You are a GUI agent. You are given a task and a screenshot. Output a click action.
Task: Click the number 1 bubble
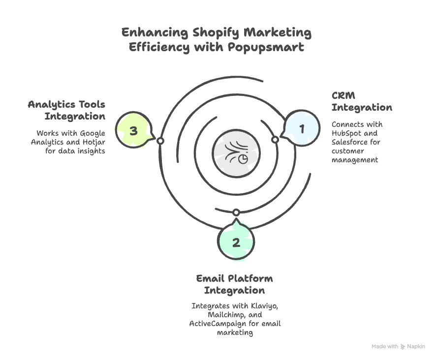(302, 129)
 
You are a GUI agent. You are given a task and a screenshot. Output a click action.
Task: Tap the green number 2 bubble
(236, 242)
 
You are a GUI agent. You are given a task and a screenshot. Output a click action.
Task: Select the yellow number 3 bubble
(133, 131)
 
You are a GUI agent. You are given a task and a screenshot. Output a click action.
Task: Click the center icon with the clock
(236, 152)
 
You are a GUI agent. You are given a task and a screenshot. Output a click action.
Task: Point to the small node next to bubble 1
(275, 140)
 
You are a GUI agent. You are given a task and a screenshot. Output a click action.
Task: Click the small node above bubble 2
(236, 212)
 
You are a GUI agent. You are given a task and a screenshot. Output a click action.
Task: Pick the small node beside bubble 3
(160, 141)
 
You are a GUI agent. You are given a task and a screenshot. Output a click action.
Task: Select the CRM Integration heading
(361, 101)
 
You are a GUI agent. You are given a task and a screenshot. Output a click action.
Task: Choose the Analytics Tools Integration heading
(67, 110)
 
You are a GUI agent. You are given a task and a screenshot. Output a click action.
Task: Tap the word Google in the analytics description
(93, 133)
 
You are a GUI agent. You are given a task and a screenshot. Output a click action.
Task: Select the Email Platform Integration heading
(234, 284)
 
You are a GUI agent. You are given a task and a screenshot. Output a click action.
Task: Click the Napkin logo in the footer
(413, 347)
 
